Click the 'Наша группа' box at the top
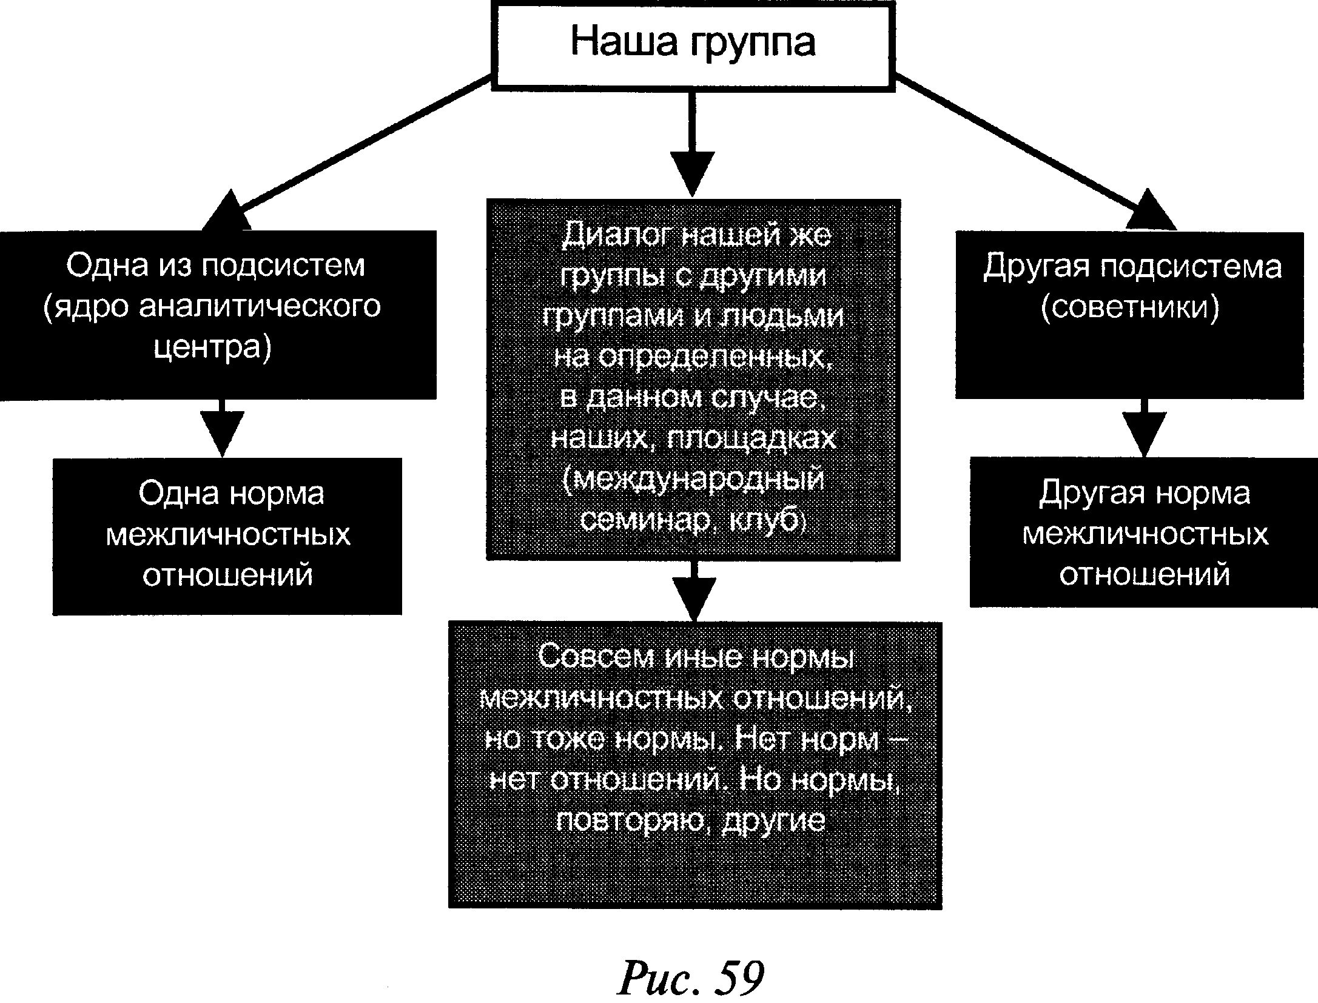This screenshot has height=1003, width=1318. pyautogui.click(x=693, y=45)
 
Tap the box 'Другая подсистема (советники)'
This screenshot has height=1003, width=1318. pyautogui.click(x=1129, y=315)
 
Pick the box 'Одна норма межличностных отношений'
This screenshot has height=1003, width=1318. pyautogui.click(x=227, y=536)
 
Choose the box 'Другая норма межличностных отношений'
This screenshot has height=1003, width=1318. pyautogui.click(x=1143, y=531)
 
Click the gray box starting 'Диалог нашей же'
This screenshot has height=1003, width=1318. pyautogui.click(x=693, y=379)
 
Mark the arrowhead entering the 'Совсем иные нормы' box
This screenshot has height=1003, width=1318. pyautogui.click(x=694, y=599)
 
